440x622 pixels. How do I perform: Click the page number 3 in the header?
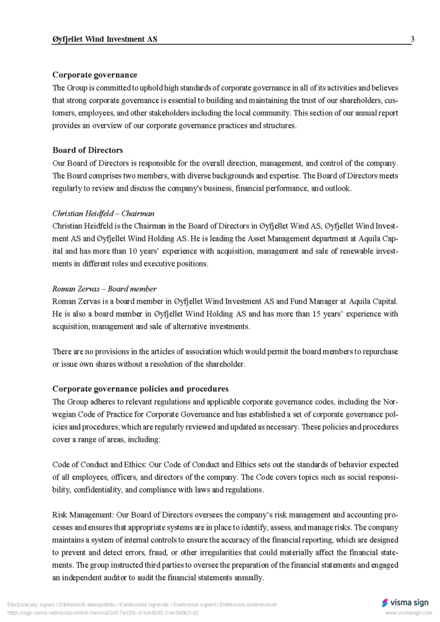click(x=413, y=39)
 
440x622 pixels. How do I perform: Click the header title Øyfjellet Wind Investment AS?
click(x=105, y=39)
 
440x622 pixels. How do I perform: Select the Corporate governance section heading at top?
click(x=95, y=75)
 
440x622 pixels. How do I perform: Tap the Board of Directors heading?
click(x=88, y=150)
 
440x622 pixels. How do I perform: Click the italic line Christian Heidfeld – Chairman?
click(x=103, y=213)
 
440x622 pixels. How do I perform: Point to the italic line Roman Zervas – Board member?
click(x=105, y=289)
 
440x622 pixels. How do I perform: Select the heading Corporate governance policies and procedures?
click(x=140, y=389)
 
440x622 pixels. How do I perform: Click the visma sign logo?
click(x=405, y=603)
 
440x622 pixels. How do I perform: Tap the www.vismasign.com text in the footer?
click(x=407, y=613)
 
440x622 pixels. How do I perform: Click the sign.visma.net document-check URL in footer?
click(x=103, y=613)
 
